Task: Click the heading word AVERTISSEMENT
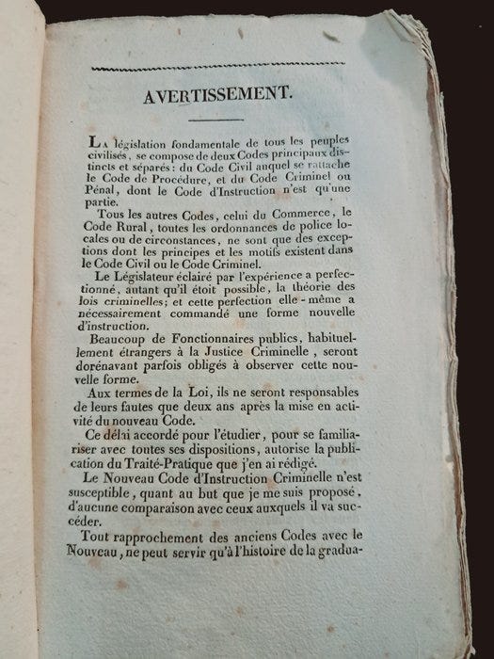[x=215, y=96]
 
